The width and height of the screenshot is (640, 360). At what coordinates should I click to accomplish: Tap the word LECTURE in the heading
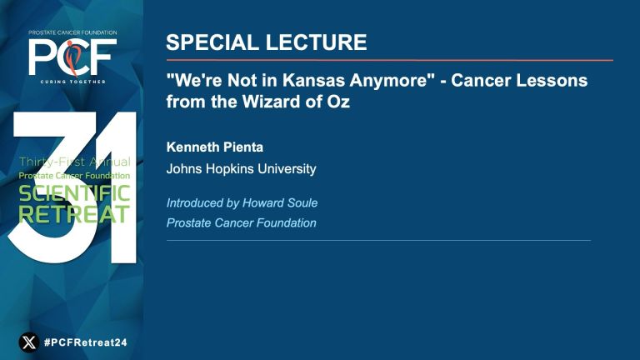coord(317,42)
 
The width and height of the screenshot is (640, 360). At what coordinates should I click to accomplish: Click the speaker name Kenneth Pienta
coord(215,147)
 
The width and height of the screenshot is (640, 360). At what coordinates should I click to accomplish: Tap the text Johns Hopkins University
coord(241,169)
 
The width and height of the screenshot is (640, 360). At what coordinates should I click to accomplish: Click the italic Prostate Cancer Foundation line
coord(241,222)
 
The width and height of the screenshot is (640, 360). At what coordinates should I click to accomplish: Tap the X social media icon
coord(29,342)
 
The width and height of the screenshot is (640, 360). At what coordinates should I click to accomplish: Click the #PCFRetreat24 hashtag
coord(85,342)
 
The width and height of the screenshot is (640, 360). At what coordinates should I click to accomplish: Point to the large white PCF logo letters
coord(72,57)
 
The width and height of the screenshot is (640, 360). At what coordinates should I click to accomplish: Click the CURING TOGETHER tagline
coord(72,82)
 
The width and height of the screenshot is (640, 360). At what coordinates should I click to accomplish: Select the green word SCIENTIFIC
coord(74,193)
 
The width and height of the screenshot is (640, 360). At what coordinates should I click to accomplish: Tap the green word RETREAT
coord(74,214)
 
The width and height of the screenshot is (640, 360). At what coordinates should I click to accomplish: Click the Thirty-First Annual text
coord(75,162)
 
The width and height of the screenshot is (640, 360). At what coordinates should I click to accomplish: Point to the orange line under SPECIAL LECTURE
coord(390,60)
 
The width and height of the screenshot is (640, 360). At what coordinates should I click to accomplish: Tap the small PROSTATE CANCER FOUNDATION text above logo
coord(72,32)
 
